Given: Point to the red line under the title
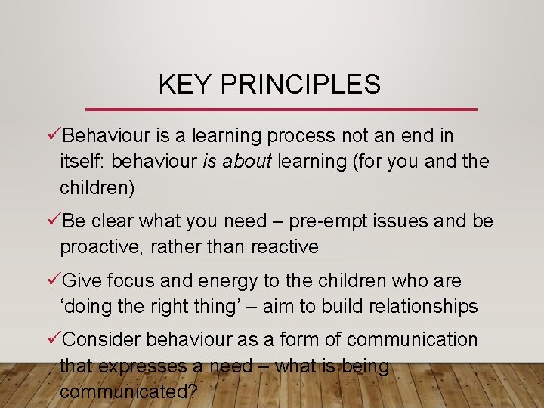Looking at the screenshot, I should (281, 110).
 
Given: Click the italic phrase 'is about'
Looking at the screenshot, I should (236, 162).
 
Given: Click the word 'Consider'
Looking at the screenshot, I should (102, 340).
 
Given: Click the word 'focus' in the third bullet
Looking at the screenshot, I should (131, 281).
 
